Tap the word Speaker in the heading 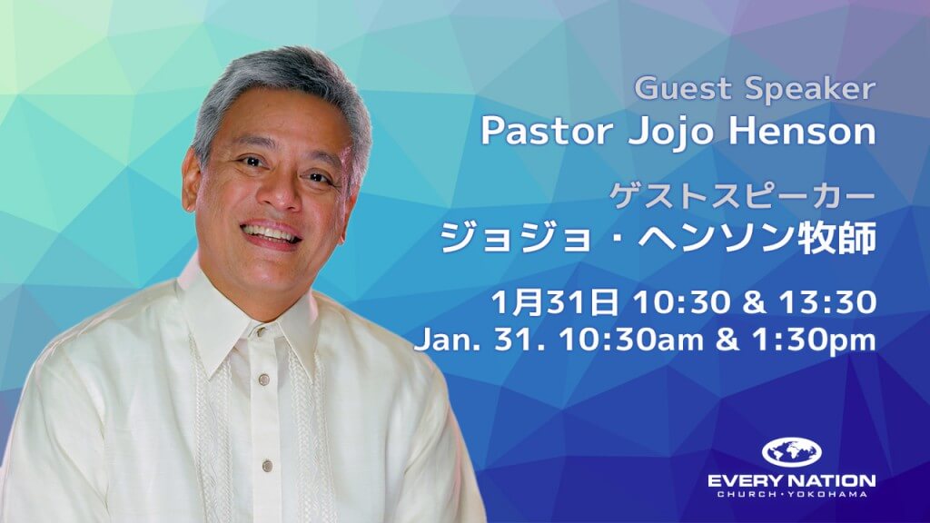click(811, 90)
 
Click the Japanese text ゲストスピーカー click(743, 197)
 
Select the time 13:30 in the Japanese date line click(827, 301)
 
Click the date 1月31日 click(555, 301)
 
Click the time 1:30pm click(814, 340)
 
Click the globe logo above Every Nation click(791, 453)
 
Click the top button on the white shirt click(259, 330)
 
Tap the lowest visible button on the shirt click(268, 466)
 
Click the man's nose click(278, 194)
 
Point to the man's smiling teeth click(270, 233)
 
